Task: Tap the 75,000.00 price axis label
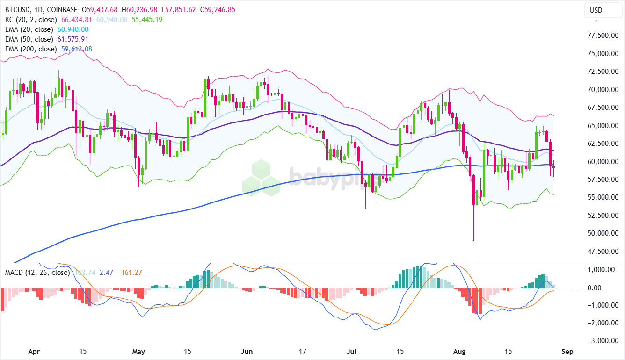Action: tap(602, 54)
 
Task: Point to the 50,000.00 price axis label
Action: tap(602, 233)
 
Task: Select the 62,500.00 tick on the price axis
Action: tap(602, 144)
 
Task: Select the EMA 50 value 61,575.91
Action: tap(73, 39)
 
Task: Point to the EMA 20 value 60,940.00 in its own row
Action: tap(73, 29)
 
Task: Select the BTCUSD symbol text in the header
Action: tap(18, 10)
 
